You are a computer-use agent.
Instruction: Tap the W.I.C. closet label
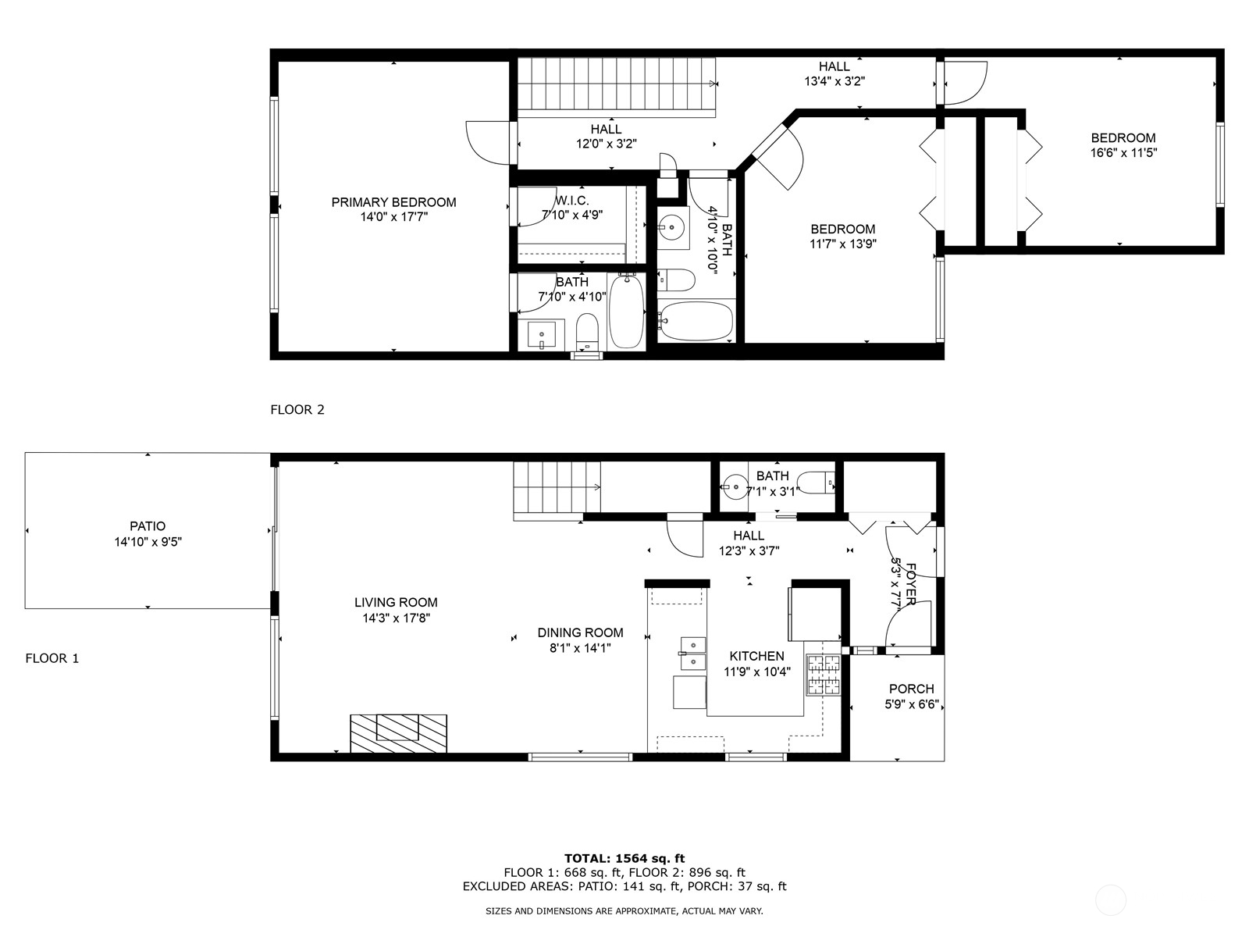572,200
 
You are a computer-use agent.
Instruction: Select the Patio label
148,526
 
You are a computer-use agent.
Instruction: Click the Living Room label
396,603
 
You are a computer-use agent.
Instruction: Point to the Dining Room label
581,632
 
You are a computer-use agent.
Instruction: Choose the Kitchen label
756,656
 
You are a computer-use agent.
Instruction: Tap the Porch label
912,689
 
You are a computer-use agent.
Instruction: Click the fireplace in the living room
398,733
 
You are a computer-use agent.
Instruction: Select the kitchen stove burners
824,675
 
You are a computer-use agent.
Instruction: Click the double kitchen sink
692,653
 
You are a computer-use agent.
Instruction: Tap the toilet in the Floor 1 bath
816,483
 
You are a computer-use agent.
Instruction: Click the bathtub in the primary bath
627,311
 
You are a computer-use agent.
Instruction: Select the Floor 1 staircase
557,487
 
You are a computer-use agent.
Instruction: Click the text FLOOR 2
297,410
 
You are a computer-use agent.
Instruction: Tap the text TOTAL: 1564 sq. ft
624,858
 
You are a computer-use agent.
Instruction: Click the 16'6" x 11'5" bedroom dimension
1123,152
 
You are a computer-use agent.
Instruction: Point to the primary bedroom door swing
487,143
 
